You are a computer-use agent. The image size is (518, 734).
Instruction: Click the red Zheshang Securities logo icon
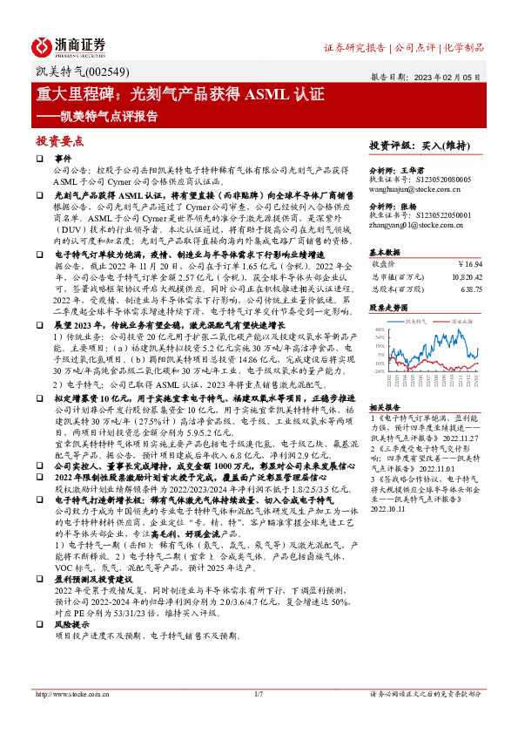(44, 44)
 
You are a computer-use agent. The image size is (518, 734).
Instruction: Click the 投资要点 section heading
(59, 139)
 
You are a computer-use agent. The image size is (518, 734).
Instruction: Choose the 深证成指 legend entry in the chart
(465, 321)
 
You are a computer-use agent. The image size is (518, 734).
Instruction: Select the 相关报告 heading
(385, 407)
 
